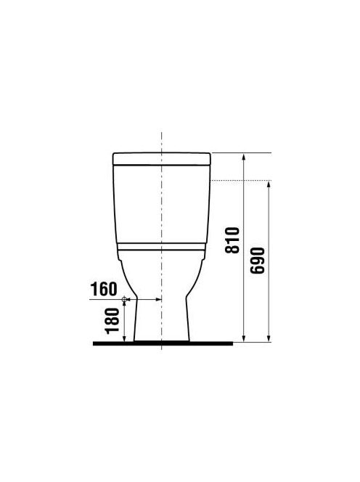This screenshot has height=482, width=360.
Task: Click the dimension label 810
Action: point(232,240)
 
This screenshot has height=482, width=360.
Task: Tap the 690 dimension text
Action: point(258,261)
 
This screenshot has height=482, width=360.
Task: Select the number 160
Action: point(104,289)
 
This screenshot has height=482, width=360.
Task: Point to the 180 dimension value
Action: point(112,322)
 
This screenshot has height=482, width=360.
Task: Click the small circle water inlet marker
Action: point(124,299)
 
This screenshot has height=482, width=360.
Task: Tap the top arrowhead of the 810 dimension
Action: point(244,157)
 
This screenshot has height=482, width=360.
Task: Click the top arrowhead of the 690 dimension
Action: point(269,184)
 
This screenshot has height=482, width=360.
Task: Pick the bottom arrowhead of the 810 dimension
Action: point(244,338)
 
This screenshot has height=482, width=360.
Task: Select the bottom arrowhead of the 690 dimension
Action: point(269,338)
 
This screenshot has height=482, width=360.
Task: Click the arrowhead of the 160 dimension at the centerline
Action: point(158,299)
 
